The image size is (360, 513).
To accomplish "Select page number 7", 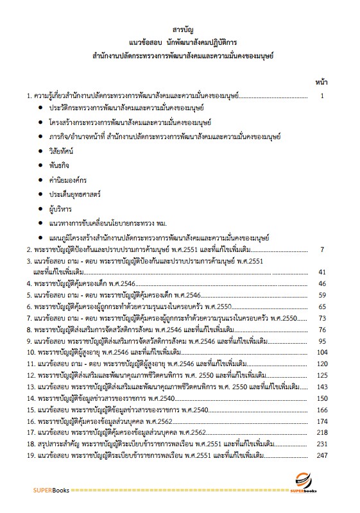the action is (x=323, y=249).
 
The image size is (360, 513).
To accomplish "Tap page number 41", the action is (x=323, y=272).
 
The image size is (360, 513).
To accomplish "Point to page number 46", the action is (x=323, y=283).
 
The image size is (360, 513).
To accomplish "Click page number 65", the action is (x=323, y=307).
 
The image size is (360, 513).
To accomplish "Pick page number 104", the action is (x=322, y=353).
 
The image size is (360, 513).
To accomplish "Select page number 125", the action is (x=322, y=375).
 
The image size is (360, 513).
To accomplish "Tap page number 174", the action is (x=322, y=421).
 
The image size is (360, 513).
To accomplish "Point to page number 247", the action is (x=322, y=455).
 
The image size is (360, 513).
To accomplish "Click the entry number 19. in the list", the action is (x=31, y=455).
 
